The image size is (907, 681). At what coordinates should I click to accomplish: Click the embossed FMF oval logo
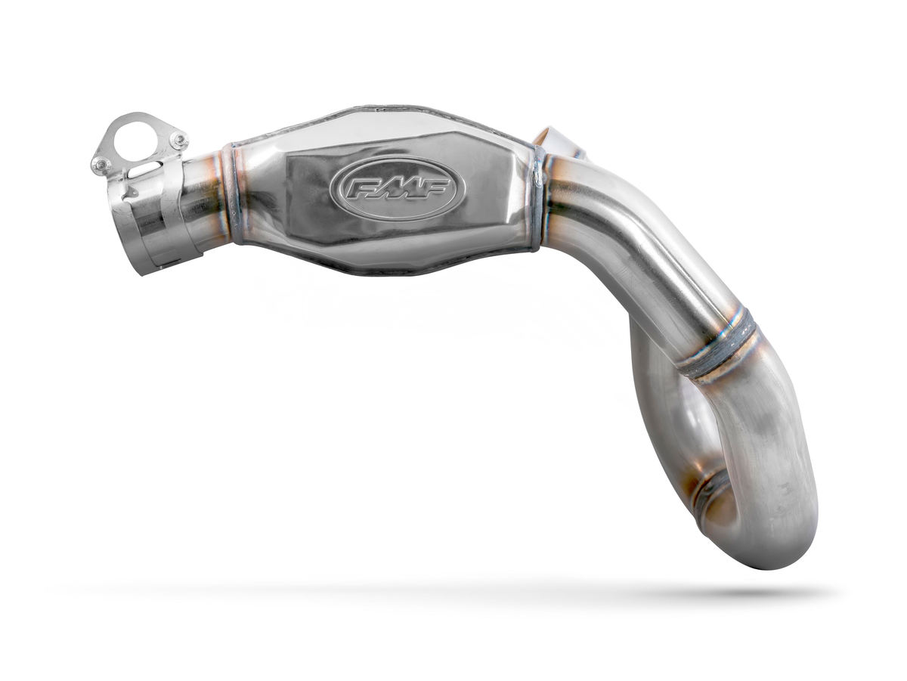393,188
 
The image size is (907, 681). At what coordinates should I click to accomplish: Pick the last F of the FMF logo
432,189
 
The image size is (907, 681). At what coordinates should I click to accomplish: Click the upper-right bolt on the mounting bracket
178,140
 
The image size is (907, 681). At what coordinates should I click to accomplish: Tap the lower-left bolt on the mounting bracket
101,163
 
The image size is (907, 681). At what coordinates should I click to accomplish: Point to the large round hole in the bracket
139,137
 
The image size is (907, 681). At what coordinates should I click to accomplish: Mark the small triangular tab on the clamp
125,193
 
